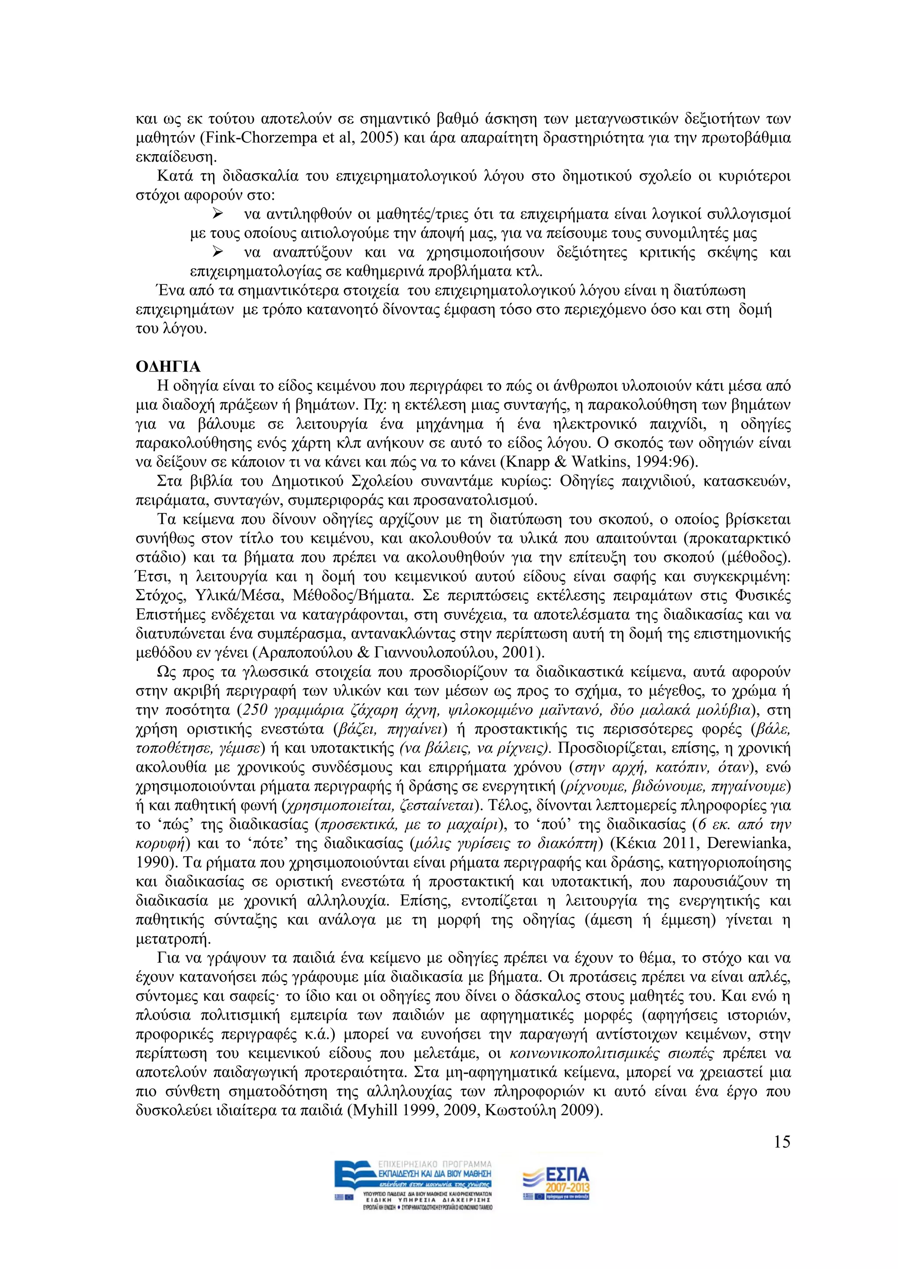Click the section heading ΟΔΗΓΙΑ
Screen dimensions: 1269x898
(168, 367)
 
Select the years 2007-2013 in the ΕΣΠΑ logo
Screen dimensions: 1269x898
(567, 1188)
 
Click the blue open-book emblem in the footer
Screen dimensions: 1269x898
(352, 1180)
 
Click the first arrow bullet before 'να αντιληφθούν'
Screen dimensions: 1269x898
(217, 214)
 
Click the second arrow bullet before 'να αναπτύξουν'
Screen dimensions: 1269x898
(217, 252)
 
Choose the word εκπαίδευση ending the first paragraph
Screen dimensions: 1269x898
(174, 157)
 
